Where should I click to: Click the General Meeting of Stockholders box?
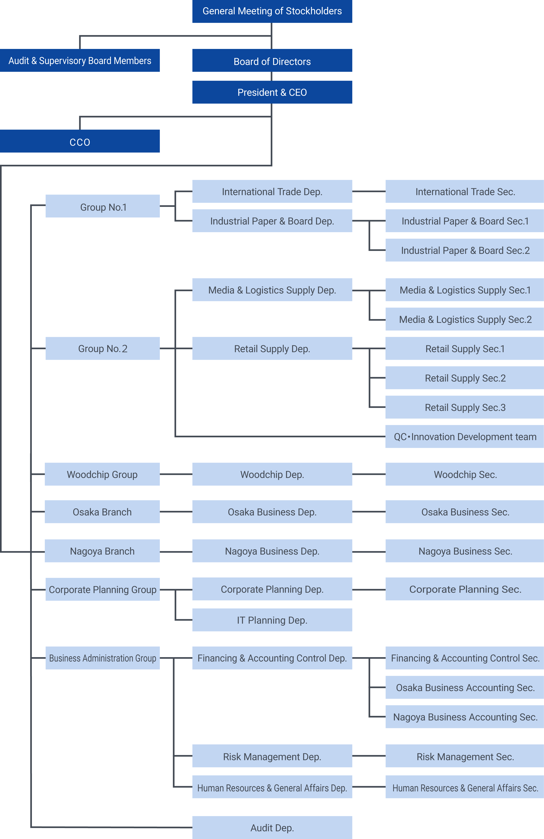[272, 11]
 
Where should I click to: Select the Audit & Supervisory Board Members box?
[80, 60]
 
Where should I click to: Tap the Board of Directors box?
[272, 60]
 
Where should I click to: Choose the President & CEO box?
[272, 92]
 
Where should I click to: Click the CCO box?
[80, 141]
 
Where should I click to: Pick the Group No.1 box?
[103, 206]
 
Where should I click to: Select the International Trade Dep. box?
[272, 191]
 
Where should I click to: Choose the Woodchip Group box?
[102, 474]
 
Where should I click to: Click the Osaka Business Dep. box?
[272, 512]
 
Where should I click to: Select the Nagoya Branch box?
[102, 551]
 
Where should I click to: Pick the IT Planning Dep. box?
[272, 620]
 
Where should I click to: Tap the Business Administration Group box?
[103, 658]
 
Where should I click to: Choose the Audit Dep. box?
[272, 827]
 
